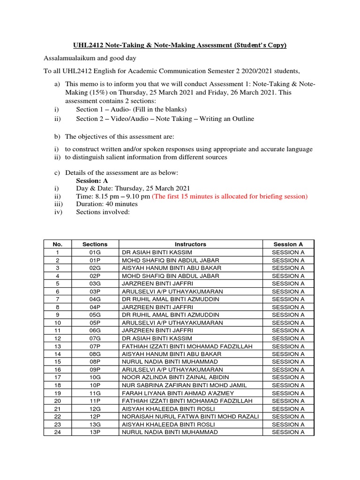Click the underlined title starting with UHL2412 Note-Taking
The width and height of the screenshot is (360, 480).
pos(180,45)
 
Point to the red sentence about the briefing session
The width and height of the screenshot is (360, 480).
pos(230,196)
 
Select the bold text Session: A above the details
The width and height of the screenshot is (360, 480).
pos(93,180)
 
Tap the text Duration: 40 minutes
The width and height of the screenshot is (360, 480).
pos(107,204)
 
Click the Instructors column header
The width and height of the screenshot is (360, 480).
pos(190,244)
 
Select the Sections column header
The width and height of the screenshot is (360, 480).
pos(95,244)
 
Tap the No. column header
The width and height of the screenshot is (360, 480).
pos(58,244)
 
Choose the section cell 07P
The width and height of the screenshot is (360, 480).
pos(95,346)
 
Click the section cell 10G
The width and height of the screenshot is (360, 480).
pos(95,377)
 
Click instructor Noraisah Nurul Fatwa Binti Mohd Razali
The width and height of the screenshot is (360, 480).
pos(190,416)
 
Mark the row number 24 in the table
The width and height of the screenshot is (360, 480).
pos(58,432)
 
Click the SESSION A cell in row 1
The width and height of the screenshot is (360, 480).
pos(288,252)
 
